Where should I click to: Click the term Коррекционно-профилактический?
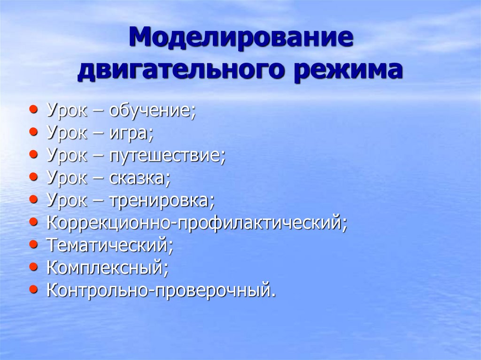pos(196,223)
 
